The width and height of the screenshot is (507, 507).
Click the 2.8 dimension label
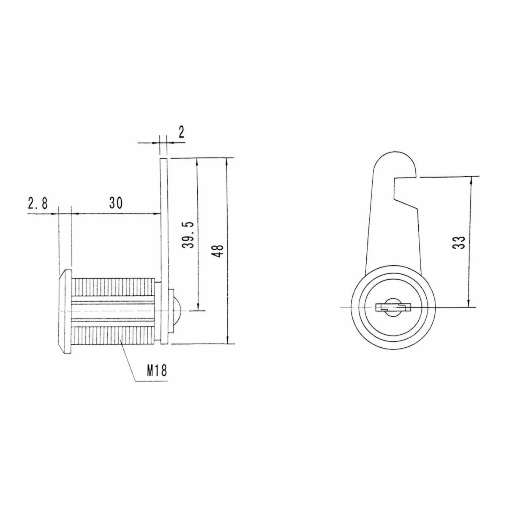38,203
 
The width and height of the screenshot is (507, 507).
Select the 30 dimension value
115,203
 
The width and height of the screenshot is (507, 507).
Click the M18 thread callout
157,371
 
